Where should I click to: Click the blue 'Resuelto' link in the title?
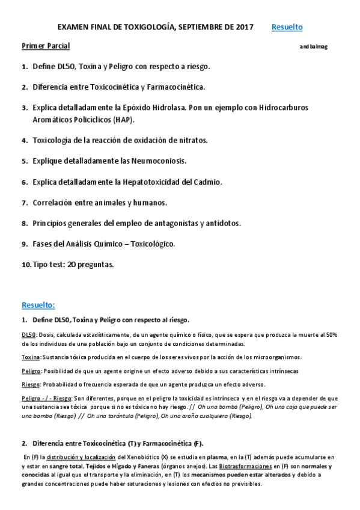[287, 27]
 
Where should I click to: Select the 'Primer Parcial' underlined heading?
[46, 46]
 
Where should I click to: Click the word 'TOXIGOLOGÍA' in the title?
[145, 27]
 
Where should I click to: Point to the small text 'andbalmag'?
[313, 47]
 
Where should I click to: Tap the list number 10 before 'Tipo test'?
[26, 264]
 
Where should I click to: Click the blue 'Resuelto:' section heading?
[38, 304]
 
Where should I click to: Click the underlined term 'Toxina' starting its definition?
[31, 357]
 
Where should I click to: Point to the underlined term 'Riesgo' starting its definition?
[31, 384]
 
